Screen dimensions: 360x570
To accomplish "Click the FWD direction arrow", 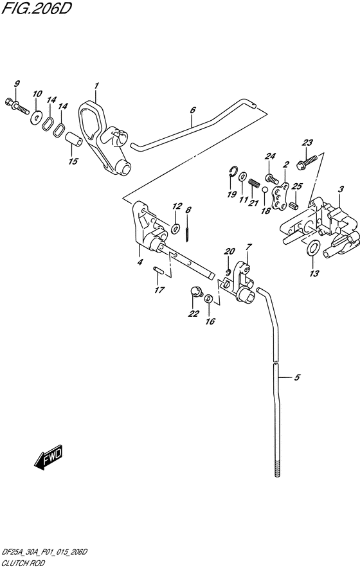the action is (48, 457).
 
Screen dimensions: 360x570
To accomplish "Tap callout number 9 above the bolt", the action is (17, 84).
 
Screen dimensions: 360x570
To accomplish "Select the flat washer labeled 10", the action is (36, 117).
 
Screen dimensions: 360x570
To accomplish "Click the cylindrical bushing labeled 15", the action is (73, 140).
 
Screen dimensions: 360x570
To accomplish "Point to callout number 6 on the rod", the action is (193, 110).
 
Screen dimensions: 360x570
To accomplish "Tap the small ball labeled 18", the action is (265, 190).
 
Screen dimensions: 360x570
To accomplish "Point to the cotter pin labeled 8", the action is (187, 233).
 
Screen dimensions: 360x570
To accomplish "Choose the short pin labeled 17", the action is (158, 271).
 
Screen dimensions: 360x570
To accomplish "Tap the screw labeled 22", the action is (197, 291).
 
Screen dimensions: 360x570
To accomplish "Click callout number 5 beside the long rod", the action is (297, 378).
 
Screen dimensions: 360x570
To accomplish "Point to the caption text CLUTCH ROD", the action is (23, 564).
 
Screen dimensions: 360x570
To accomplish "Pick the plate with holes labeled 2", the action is (281, 197).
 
